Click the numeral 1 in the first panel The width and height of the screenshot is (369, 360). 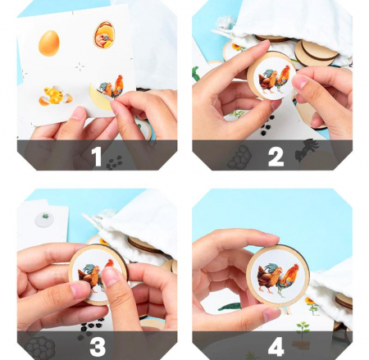[97, 157]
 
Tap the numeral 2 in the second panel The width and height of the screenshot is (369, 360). [276, 157]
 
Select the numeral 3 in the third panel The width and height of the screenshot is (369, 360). [98, 347]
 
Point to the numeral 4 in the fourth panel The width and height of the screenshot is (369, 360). [276, 348]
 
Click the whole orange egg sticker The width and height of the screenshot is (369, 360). [49, 43]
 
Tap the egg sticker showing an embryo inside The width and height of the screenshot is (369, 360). [104, 35]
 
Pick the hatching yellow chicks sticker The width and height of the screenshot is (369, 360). [56, 96]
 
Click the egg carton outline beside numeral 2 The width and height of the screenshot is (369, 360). [239, 157]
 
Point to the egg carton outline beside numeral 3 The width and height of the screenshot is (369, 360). [40, 348]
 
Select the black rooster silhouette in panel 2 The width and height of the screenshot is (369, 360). [307, 149]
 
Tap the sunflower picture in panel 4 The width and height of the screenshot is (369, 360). [312, 305]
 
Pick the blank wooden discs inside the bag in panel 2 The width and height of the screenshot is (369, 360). [317, 52]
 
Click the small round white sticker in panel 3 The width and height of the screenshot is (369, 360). [45, 219]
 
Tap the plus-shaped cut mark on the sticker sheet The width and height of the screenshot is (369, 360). [80, 66]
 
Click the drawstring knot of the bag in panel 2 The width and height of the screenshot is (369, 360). [225, 21]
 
